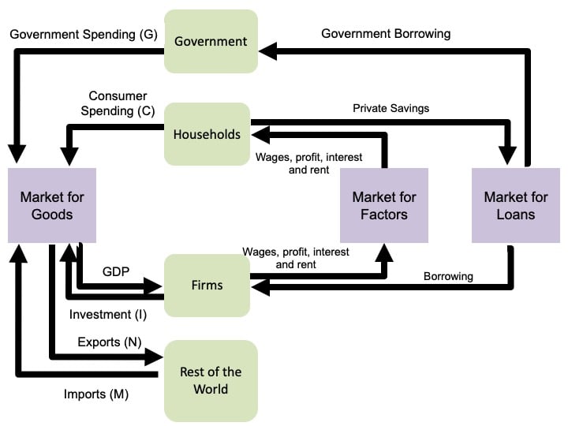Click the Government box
[x=211, y=42]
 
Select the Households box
[x=207, y=134]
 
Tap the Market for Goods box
[x=52, y=205]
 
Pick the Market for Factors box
[x=384, y=205]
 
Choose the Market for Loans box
[x=516, y=205]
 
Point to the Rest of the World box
[x=211, y=380]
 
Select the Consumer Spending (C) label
[x=118, y=103]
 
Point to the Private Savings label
[x=391, y=108]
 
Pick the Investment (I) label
[x=101, y=314]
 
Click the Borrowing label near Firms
[x=448, y=276]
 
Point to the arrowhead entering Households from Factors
[x=260, y=134]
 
